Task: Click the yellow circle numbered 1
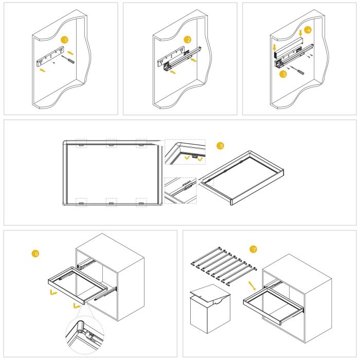(x=64, y=40)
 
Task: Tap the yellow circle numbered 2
(x=188, y=40)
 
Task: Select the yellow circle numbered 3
(x=282, y=74)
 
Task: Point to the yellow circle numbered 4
(x=308, y=30)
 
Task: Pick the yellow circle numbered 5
(x=221, y=146)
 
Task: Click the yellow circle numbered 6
(x=35, y=254)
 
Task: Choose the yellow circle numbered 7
(x=252, y=249)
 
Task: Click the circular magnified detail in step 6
(x=83, y=332)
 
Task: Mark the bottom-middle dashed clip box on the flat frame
(x=111, y=202)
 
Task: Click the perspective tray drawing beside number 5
(x=242, y=177)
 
